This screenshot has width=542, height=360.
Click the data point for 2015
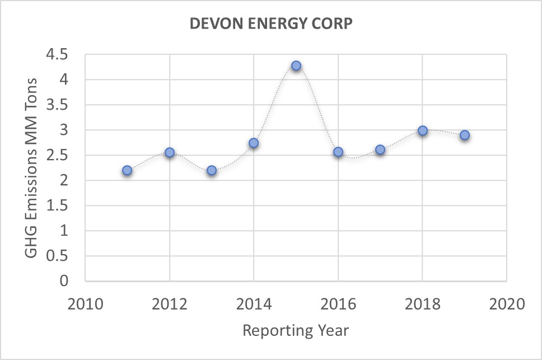pos(296,66)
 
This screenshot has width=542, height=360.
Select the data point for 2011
pos(127,170)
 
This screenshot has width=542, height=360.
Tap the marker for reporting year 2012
pos(170,152)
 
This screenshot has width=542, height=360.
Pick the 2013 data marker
pos(212,170)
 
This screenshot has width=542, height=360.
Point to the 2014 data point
pos(254,143)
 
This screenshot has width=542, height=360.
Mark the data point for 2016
pos(338,152)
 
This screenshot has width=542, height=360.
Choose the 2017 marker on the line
pos(380,149)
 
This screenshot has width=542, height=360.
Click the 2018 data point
pos(423,130)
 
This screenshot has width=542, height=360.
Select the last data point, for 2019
pos(465,135)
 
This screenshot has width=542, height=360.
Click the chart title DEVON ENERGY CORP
pos(271,25)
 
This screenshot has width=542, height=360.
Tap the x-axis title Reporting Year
pos(296,330)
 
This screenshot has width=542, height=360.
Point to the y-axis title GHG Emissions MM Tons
pos(32,167)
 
